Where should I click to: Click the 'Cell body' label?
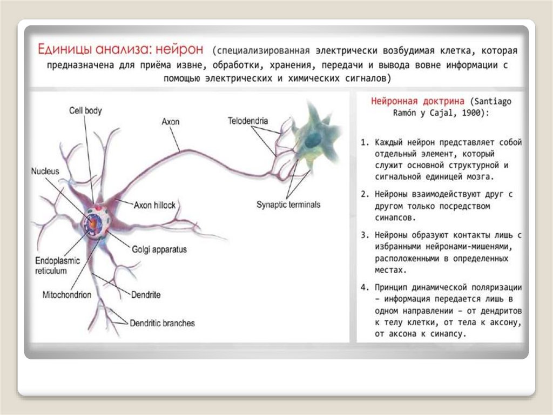click(85, 110)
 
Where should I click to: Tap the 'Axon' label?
click(170, 122)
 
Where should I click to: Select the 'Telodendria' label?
click(248, 122)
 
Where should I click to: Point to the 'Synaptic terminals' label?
click(288, 205)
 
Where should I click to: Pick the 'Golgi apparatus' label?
click(159, 249)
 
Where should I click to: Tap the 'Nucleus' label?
click(45, 171)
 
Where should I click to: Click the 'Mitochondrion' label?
click(67, 295)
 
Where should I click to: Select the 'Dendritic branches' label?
click(162, 323)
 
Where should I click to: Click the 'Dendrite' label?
click(146, 295)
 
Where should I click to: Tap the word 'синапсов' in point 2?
click(396, 218)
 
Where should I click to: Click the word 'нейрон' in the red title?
click(180, 50)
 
